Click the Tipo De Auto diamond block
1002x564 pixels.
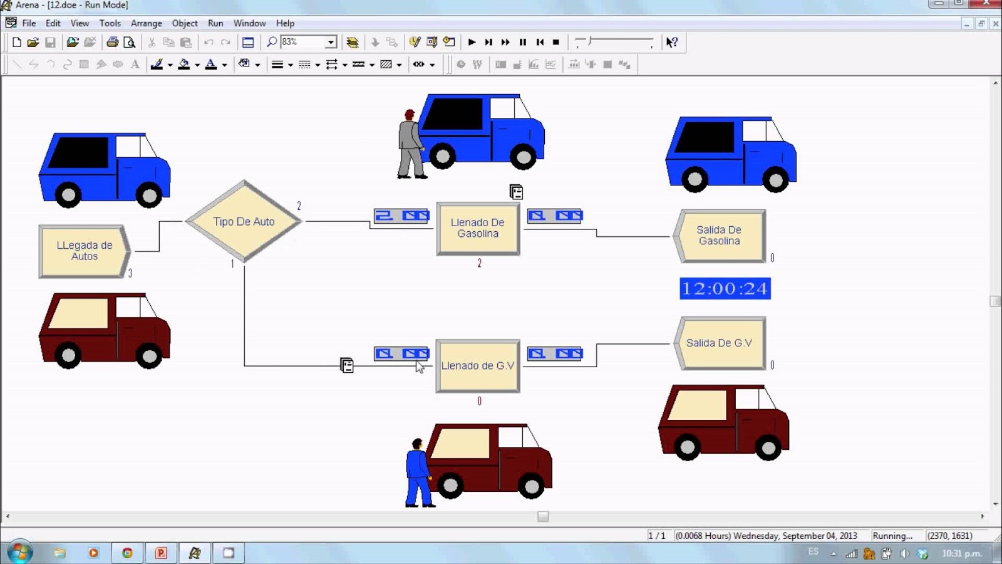coord(244,221)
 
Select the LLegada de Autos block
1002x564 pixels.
coord(84,251)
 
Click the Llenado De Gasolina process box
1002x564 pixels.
coord(478,228)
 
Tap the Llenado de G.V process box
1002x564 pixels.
coord(478,366)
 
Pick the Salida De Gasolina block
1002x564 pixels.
coord(720,236)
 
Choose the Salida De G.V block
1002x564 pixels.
coord(720,343)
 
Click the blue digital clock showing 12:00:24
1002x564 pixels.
coord(725,288)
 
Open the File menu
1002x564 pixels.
coord(29,23)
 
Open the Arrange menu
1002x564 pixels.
coord(146,23)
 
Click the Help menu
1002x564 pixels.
coord(285,23)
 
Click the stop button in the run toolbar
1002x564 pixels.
coord(556,42)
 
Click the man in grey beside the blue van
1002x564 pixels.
coord(410,145)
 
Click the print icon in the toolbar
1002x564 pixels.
coord(112,42)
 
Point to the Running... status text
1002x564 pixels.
coord(892,536)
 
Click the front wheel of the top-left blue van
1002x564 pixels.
coord(149,196)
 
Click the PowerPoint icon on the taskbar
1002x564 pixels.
coord(161,553)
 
